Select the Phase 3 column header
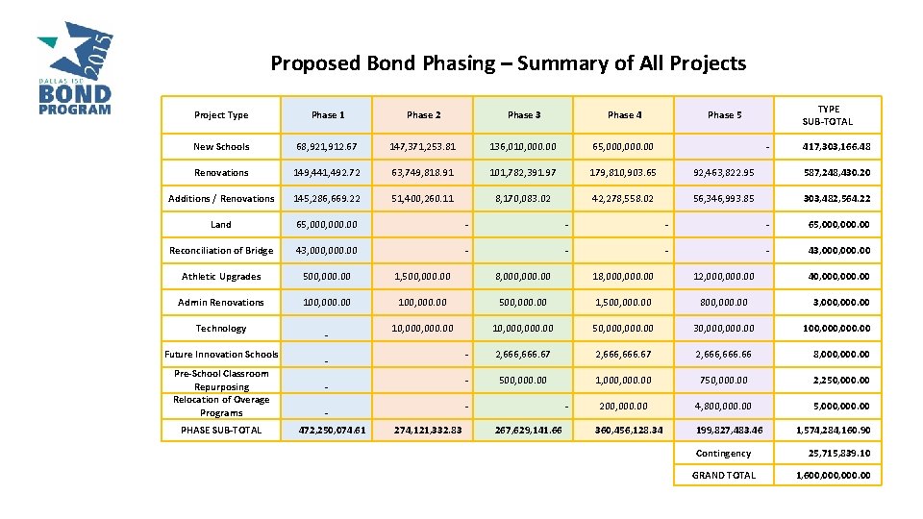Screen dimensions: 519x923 [524, 115]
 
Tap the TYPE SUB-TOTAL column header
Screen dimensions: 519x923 [827, 115]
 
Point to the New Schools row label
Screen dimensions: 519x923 [221, 147]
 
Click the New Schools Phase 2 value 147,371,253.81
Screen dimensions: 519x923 [423, 147]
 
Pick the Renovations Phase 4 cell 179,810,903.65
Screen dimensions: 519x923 [625, 173]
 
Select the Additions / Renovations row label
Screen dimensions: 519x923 [221, 199]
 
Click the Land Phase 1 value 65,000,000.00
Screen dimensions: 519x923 [325, 225]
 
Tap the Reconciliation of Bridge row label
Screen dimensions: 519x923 [221, 251]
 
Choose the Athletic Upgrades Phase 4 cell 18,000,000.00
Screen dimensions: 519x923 [625, 277]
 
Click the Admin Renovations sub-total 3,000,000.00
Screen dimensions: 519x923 [836, 303]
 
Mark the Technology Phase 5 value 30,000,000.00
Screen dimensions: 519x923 [724, 329]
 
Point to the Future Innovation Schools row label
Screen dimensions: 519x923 [221, 355]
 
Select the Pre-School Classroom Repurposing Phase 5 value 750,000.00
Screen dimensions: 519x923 [724, 380]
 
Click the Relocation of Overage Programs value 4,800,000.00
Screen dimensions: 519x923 [724, 406]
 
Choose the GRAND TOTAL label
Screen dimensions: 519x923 [724, 476]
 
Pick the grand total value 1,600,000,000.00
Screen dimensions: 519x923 [833, 476]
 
